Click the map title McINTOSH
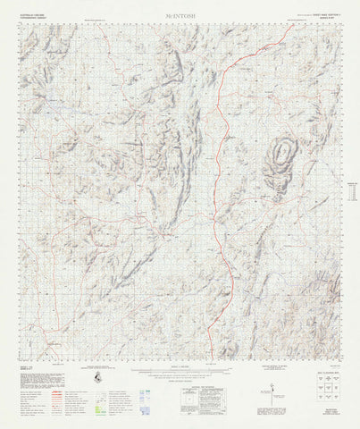pos(180,16)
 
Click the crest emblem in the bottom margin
pos(96,381)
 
